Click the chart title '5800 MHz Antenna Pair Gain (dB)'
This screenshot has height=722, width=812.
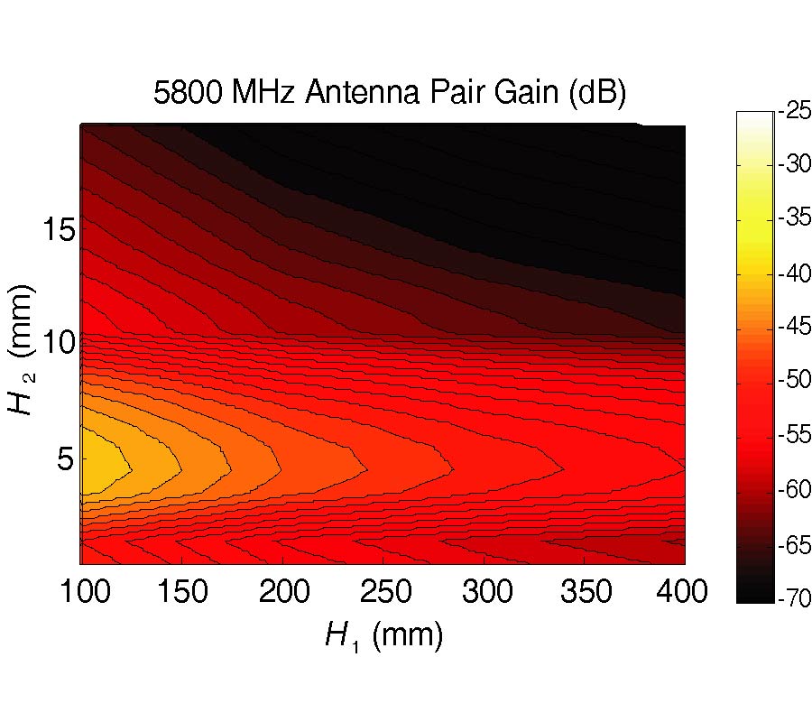(x=389, y=95)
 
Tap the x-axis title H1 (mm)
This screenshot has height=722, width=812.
(x=383, y=636)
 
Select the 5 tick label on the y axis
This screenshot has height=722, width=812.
(x=60, y=459)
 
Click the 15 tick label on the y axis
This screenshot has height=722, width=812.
(x=51, y=229)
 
